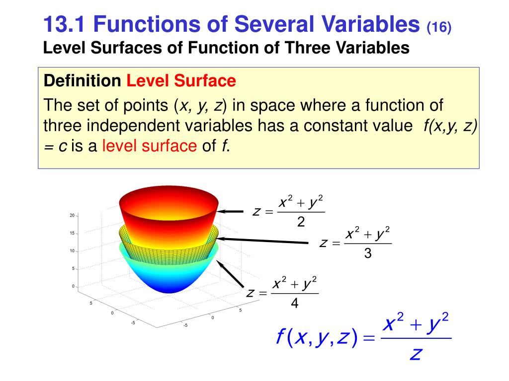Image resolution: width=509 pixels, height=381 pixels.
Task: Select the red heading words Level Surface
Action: click(181, 80)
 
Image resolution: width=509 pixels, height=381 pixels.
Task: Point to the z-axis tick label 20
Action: click(72, 215)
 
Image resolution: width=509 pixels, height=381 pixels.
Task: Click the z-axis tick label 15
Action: click(72, 233)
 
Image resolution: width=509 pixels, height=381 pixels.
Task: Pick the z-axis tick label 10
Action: click(72, 251)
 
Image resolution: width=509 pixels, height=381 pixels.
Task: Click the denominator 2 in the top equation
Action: click(301, 223)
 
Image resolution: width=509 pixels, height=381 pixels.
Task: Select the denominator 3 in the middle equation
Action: click(368, 254)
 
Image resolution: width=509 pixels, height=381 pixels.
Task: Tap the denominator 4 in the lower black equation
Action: click(295, 303)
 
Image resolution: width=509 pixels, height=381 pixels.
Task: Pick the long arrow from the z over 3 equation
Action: click(263, 240)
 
